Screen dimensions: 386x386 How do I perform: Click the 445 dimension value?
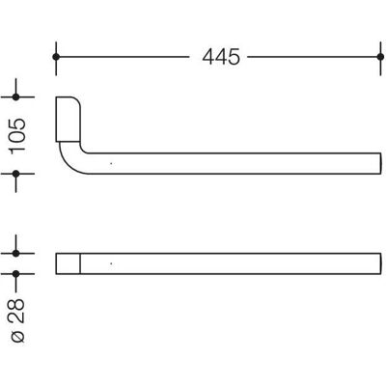pyautogui.click(x=221, y=57)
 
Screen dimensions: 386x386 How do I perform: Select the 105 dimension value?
pyautogui.click(x=17, y=136)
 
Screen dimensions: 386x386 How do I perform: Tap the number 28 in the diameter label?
pyautogui.click(x=17, y=311)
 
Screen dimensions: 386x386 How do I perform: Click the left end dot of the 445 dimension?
pyautogui.click(x=56, y=57)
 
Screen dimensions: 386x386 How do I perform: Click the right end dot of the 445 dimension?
pyautogui.click(x=380, y=57)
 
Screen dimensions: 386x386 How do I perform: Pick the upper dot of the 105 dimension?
pyautogui.click(x=15, y=96)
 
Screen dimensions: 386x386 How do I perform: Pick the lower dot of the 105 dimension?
pyautogui.click(x=15, y=174)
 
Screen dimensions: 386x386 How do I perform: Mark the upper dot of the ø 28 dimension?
pyautogui.click(x=15, y=254)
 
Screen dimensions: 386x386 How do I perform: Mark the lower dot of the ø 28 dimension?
pyautogui.click(x=15, y=274)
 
